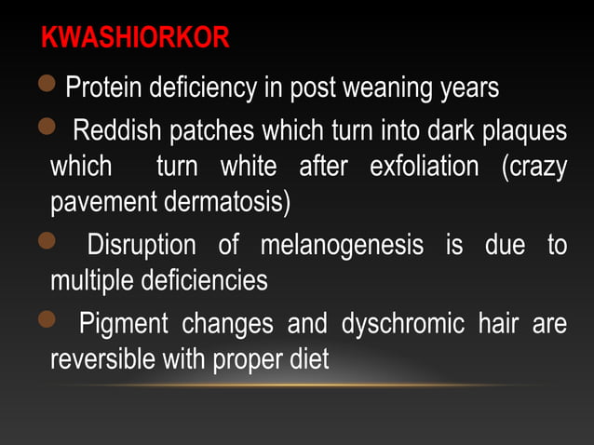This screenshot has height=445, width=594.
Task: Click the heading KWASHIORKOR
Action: [136, 39]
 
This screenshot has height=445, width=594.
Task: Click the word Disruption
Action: [141, 246]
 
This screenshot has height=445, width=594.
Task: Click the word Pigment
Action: [124, 324]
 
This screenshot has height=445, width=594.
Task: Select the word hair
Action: [502, 324]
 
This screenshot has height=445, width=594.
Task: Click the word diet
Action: [308, 359]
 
